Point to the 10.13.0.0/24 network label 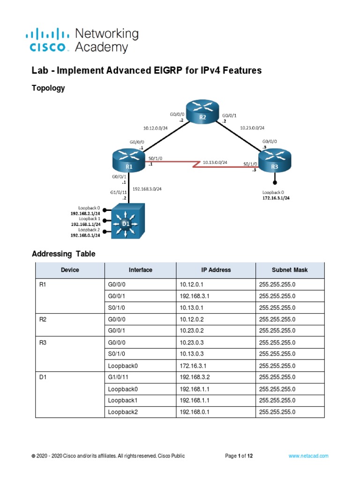point(215,162)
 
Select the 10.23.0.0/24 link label point(252,127)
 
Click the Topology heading point(48,88)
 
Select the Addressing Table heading point(63,254)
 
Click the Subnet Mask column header point(289,270)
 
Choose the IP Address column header point(216,270)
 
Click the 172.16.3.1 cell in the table point(192,366)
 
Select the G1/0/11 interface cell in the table point(120,377)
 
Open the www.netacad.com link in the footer point(308,456)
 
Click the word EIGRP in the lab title point(171,71)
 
